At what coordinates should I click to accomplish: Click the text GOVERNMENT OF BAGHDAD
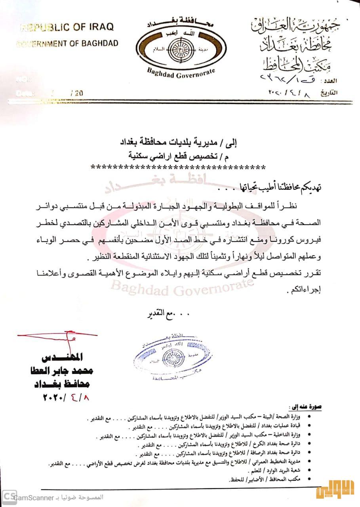[67, 43]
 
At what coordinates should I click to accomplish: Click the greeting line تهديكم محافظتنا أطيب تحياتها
[277, 187]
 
